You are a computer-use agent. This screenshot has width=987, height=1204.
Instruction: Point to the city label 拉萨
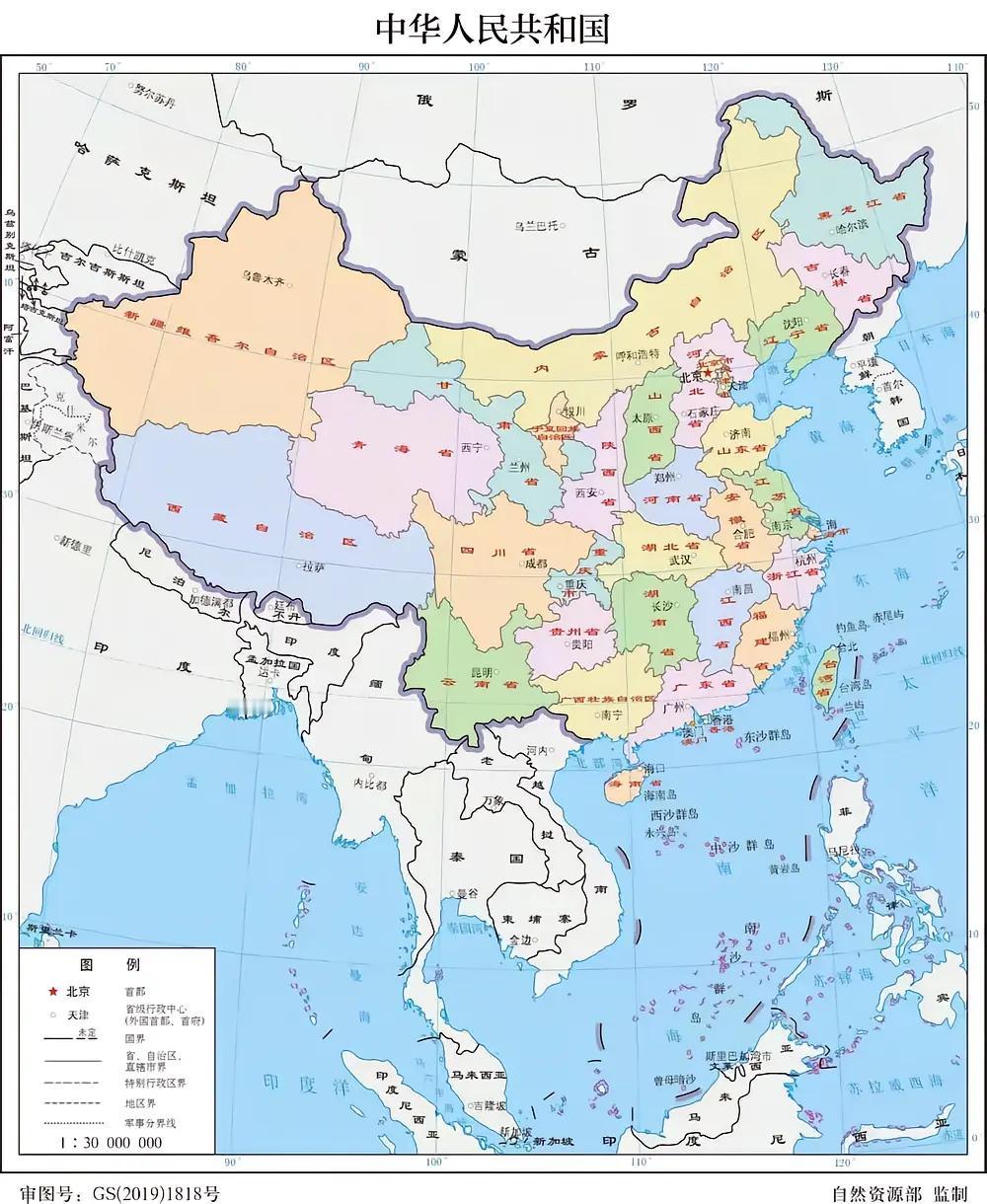point(313,566)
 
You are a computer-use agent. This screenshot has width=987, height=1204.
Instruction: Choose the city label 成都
point(536,564)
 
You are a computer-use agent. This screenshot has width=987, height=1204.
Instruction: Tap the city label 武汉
point(680,559)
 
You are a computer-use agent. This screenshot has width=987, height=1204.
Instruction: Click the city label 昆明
point(482,671)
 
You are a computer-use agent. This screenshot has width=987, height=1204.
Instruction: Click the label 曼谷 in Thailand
point(465,892)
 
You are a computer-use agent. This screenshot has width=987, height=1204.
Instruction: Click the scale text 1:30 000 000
point(111,1143)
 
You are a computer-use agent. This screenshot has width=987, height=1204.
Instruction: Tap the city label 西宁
point(472,447)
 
